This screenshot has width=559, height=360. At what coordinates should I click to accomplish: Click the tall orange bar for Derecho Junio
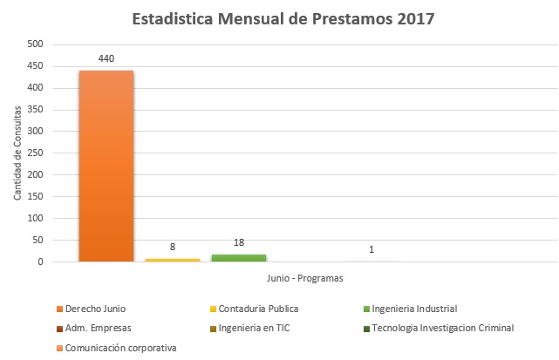(x=106, y=166)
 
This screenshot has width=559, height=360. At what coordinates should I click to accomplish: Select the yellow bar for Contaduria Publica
(x=172, y=259)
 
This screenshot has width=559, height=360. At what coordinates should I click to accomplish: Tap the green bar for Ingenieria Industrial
(x=238, y=257)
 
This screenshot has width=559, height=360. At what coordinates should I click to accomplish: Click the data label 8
(x=173, y=248)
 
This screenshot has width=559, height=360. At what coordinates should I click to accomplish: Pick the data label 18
(x=239, y=243)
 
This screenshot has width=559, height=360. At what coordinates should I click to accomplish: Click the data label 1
(x=372, y=250)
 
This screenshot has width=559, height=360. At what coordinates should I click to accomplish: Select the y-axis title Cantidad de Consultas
(x=17, y=153)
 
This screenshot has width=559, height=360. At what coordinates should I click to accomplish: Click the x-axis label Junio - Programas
(x=305, y=279)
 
